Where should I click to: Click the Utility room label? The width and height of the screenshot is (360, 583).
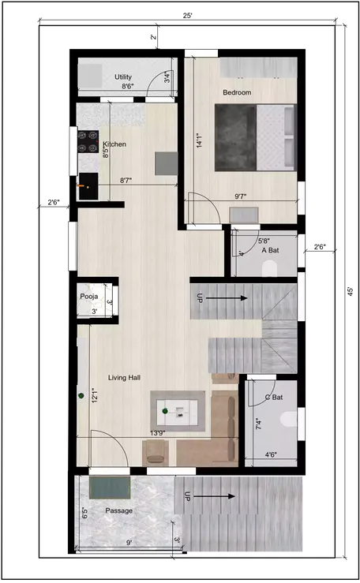coord(122,77)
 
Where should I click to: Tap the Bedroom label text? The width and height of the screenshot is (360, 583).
coord(236,93)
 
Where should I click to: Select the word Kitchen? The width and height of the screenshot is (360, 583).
coord(115,144)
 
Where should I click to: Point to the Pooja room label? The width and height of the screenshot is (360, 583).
coord(88,297)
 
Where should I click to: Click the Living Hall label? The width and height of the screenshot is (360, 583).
coord(124,379)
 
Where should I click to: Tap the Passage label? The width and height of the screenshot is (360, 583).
coord(118,511)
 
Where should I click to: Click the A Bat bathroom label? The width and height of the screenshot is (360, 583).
coord(271,250)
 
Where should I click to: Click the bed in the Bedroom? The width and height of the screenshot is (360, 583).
coord(255,137)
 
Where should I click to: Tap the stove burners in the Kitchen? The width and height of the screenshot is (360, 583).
coord(87,140)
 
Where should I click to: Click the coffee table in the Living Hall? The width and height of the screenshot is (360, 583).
coord(178,410)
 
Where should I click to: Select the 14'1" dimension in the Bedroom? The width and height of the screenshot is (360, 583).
coord(201,140)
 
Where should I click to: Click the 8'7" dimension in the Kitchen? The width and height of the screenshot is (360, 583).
coord(125,181)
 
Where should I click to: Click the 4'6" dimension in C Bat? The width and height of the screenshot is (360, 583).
coord(270,454)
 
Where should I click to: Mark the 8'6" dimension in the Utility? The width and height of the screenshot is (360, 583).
coord(127,87)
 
